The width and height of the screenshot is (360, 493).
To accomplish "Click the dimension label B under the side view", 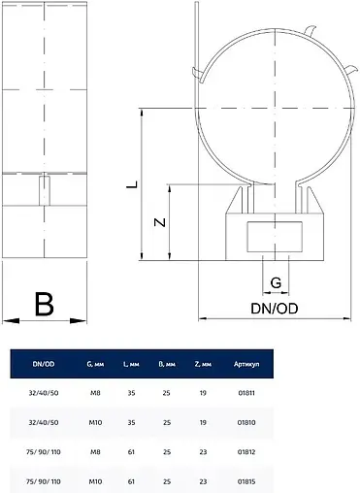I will click(x=43, y=304).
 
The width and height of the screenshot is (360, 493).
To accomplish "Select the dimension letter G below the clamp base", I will click(x=277, y=283).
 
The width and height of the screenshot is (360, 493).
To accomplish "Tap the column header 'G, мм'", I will click(x=95, y=365).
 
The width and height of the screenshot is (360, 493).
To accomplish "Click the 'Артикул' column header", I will click(x=245, y=365).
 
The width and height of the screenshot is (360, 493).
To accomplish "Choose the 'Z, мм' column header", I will click(x=204, y=365).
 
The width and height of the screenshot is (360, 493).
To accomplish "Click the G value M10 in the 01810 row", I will click(x=94, y=424).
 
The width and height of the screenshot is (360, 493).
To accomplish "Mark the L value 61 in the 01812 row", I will click(x=131, y=452).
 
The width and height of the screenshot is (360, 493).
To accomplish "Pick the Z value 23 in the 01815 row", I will click(x=204, y=480).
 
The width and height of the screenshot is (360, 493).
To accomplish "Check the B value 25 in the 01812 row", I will click(x=167, y=452).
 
